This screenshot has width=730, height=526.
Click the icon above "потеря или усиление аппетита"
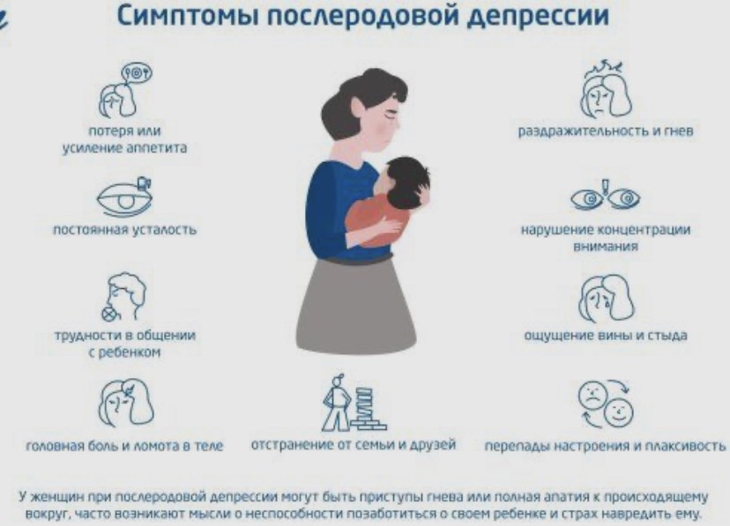coord(124,89)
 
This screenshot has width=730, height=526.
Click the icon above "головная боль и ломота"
coord(123,401)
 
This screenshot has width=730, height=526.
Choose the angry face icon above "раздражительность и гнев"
coord(605,87)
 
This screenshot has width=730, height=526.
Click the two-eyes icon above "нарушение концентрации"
coord(605,196)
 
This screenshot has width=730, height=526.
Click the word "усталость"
coord(162,231)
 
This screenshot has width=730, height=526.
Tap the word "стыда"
coord(669,336)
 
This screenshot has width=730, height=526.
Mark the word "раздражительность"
coord(574,132)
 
